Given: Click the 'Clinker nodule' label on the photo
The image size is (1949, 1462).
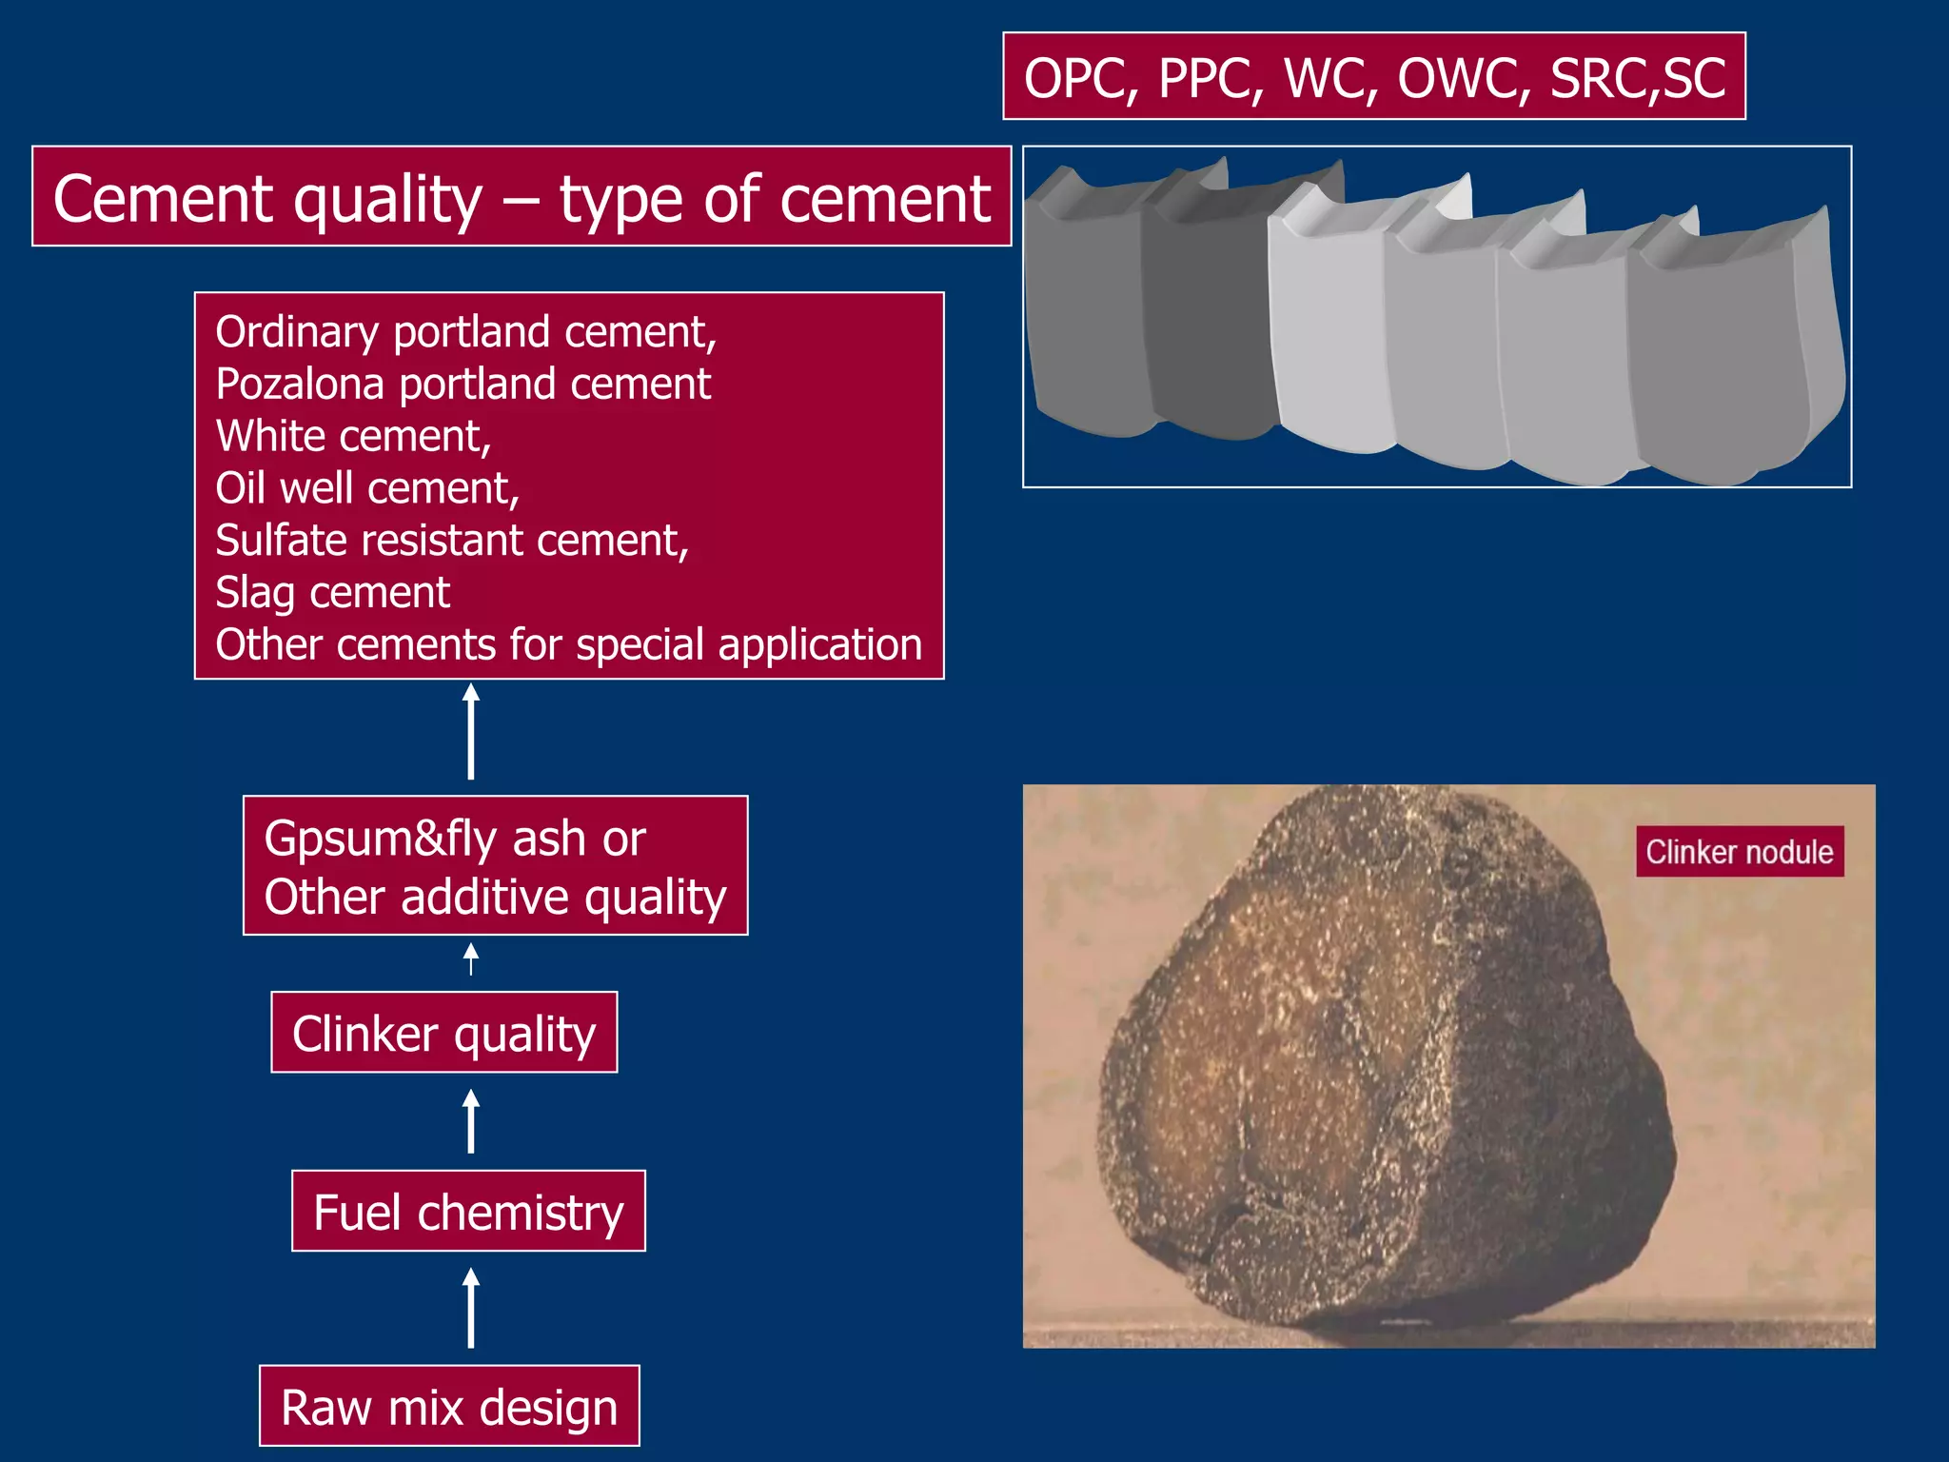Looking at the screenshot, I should click(x=1740, y=852).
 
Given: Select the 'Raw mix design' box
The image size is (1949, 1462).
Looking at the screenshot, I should click(x=449, y=1406).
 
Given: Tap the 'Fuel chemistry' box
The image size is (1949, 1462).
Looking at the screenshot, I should click(x=468, y=1211).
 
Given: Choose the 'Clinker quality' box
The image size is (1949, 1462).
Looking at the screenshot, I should click(x=443, y=1033).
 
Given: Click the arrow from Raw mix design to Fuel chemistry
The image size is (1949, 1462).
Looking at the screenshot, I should click(x=470, y=1308).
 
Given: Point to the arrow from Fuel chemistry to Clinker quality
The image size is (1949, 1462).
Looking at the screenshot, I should click(x=470, y=1122).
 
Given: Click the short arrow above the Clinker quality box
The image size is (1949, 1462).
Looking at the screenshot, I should click(x=470, y=958).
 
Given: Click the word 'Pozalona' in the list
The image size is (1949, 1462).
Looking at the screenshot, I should click(x=300, y=385).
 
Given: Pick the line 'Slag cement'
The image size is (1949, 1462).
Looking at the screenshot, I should click(x=332, y=592).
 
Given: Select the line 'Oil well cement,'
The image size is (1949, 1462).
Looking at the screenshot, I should click(x=367, y=488).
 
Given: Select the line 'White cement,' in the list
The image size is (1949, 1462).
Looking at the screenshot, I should click(x=353, y=437).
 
